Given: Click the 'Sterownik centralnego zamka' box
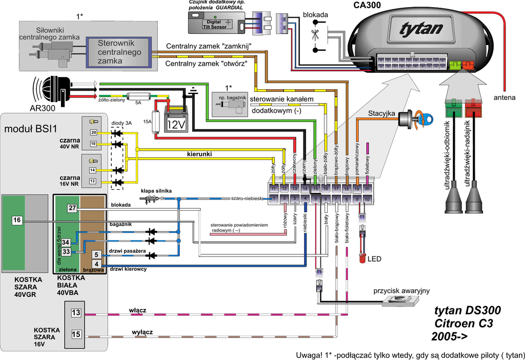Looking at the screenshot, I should tap(118, 53).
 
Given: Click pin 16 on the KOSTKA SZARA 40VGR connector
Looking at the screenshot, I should tap(17, 220).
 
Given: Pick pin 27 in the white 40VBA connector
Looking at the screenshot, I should tap(72, 208).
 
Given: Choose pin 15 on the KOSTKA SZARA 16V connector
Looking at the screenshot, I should tap(76, 334).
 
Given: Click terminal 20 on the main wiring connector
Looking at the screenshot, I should tap(367, 188).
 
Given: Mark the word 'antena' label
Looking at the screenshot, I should tap(504, 97).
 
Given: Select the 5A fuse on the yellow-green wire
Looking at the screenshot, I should tap(139, 96).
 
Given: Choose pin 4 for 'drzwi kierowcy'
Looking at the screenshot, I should tap(96, 264).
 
